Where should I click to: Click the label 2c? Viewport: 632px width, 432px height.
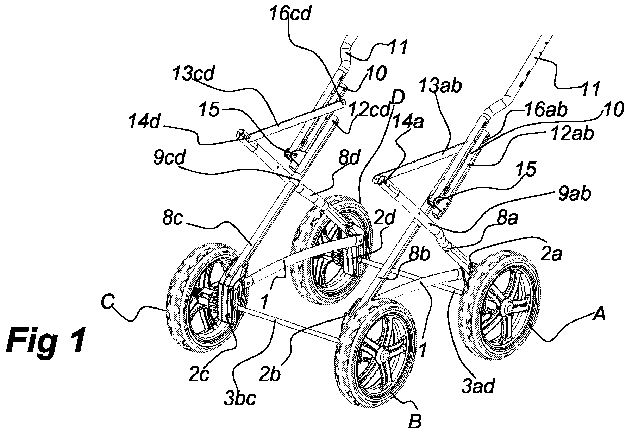[199, 375]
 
